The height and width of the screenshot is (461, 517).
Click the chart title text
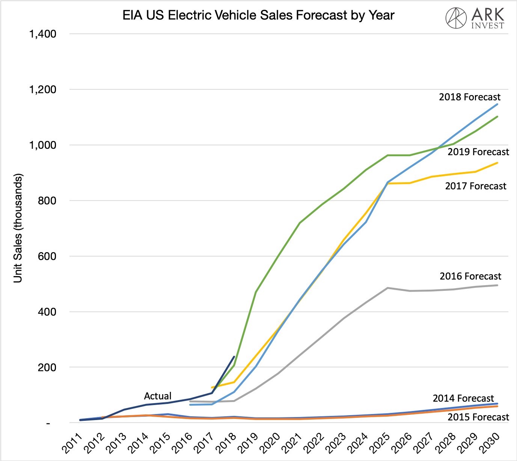click(258, 15)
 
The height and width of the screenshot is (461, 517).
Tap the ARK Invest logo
click(475, 18)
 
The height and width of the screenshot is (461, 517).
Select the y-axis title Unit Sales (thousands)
click(18, 228)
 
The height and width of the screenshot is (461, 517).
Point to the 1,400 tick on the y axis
click(42, 34)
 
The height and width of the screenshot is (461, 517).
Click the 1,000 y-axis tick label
click(42, 145)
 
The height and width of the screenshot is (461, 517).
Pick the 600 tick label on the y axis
click(47, 256)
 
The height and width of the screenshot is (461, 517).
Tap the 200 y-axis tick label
click(47, 367)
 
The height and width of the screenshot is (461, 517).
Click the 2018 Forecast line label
click(470, 97)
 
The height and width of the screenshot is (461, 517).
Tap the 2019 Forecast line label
click(478, 152)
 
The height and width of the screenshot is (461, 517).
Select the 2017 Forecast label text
click(476, 186)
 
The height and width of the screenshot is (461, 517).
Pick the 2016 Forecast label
click(470, 276)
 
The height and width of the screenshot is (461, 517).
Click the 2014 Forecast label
click(463, 398)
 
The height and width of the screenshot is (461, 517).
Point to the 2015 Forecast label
click(478, 417)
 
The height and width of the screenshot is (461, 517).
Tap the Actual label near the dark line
click(158, 396)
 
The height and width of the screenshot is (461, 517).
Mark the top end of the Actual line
click(234, 357)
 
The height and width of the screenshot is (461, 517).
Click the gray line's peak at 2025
click(387, 288)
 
